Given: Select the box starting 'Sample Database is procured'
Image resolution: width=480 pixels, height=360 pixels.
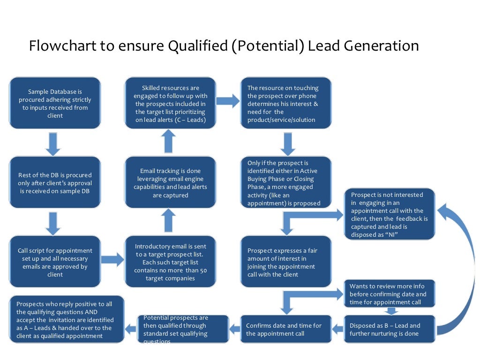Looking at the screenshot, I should tap(55, 103).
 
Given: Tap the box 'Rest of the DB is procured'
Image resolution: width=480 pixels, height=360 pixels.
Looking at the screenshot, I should tap(55, 183).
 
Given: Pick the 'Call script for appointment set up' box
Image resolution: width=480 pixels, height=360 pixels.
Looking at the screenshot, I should tap(55, 262).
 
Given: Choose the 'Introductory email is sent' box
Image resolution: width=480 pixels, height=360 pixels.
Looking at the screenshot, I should tap(170, 262).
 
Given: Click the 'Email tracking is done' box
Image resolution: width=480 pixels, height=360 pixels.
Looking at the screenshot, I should tap(170, 183).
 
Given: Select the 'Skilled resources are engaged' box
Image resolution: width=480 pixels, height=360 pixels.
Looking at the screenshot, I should tap(170, 103).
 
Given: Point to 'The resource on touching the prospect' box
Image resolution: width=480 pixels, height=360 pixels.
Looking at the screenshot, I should tap(286, 103).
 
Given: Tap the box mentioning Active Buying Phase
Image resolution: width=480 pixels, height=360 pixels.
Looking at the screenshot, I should tap(286, 183).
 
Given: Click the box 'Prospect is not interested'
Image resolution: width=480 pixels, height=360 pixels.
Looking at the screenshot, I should tap(389, 214).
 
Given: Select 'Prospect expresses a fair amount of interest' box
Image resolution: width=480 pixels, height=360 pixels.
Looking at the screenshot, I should tap(286, 262).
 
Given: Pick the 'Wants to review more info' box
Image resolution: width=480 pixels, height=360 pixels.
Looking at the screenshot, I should tap(389, 294).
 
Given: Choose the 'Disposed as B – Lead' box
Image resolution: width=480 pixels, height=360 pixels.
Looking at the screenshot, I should tap(389, 329).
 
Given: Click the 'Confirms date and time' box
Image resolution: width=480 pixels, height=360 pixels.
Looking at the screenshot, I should tap(286, 329).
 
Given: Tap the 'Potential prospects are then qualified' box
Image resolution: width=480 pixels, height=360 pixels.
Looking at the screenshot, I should tap(183, 329).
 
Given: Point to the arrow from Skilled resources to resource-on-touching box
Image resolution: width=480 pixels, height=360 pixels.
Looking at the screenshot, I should tap(228, 101).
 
